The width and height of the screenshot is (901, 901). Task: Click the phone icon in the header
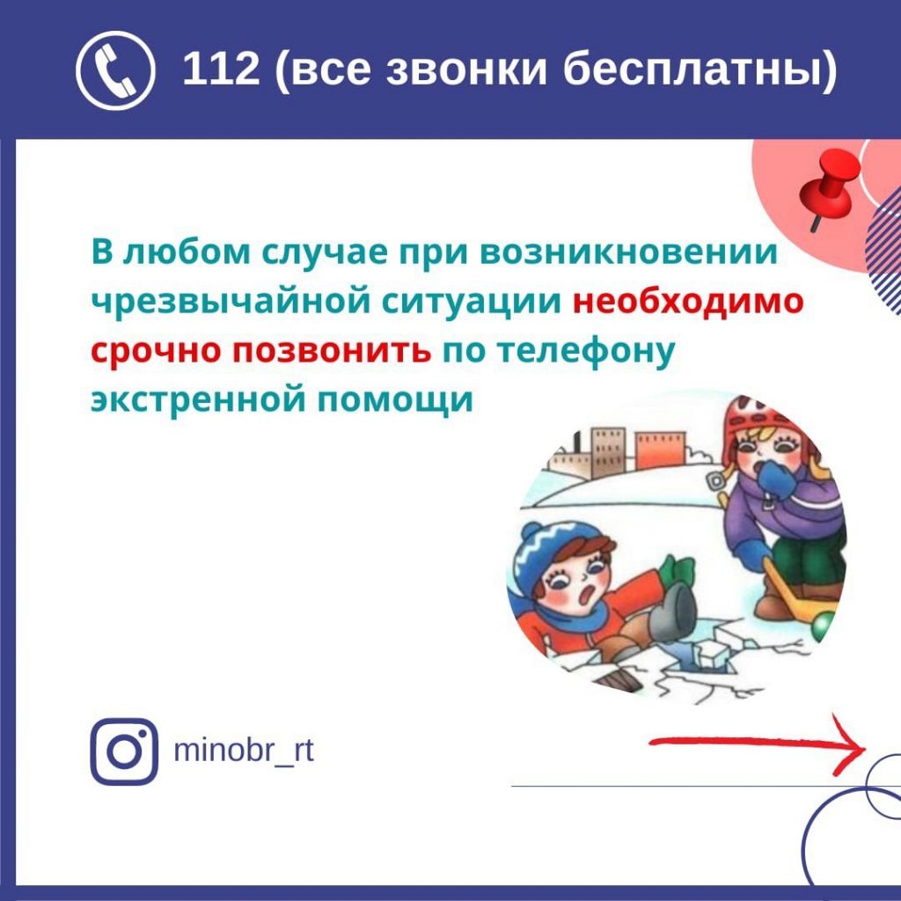115,70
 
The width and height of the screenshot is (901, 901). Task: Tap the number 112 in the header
221,69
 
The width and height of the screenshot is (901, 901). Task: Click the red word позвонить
332,350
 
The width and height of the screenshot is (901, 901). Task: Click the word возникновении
628,253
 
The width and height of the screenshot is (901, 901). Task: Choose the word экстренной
197,400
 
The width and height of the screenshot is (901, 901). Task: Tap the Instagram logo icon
123,751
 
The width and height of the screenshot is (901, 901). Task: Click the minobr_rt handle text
244,750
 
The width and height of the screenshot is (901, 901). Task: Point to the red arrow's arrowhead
851,745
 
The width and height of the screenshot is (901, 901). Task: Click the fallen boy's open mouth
587,597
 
